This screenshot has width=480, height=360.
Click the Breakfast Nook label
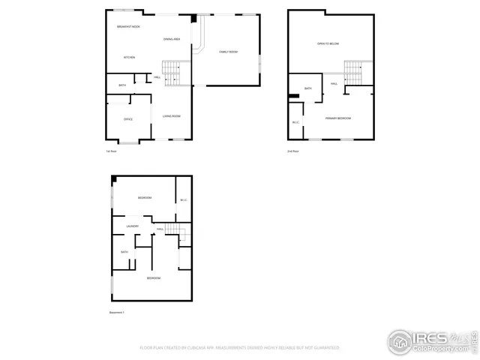pos(128,27)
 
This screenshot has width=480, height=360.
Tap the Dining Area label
pos(172,38)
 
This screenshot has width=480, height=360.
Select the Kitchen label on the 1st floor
pos(129,57)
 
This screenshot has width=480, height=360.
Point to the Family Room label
pos(228,52)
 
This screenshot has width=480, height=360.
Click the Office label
pos(128,119)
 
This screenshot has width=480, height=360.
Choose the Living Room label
pos(172,116)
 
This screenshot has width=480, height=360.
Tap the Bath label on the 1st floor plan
pos(122,85)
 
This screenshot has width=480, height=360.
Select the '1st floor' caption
pos(111,151)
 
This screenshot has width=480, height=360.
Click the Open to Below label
pos(328,43)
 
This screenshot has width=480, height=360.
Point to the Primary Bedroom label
pos(337,118)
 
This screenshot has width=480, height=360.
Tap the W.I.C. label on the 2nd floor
pos(295,123)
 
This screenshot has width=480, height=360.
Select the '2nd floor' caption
pos(292,151)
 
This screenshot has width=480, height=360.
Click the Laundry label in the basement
pos(131,226)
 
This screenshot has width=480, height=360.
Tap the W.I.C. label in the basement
pos(183,199)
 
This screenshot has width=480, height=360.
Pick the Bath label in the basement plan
pos(124,252)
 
